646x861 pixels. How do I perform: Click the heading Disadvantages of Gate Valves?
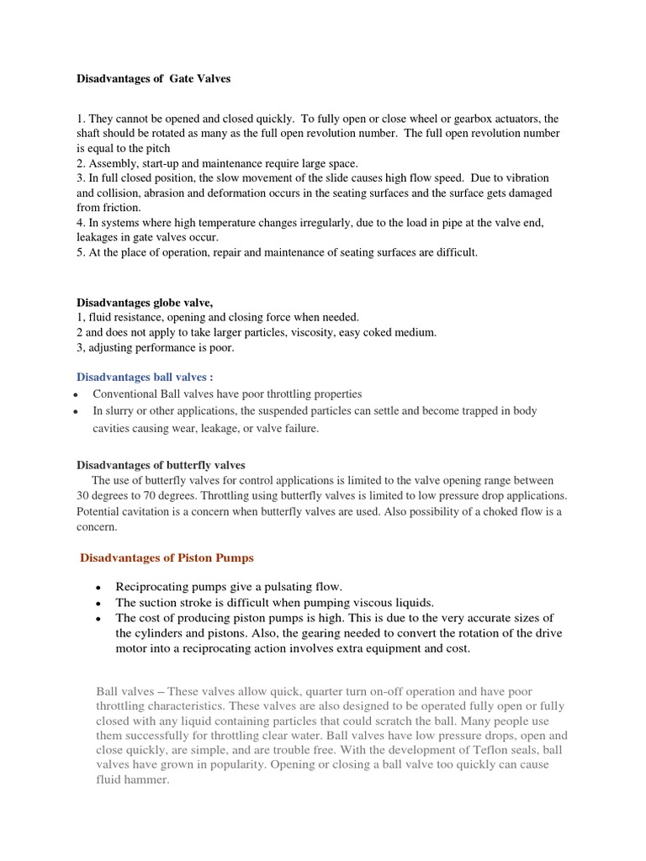pyautogui.click(x=153, y=79)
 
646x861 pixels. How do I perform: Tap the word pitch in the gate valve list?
pyautogui.click(x=157, y=149)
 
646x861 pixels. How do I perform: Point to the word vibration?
pyautogui.click(x=522, y=178)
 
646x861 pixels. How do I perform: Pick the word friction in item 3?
pyautogui.click(x=122, y=208)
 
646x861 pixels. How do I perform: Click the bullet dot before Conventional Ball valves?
pyautogui.click(x=77, y=394)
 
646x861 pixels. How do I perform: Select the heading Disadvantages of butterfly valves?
pyautogui.click(x=161, y=464)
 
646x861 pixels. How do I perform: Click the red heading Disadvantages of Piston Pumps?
pyautogui.click(x=166, y=557)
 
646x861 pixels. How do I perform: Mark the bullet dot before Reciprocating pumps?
pyautogui.click(x=99, y=587)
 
